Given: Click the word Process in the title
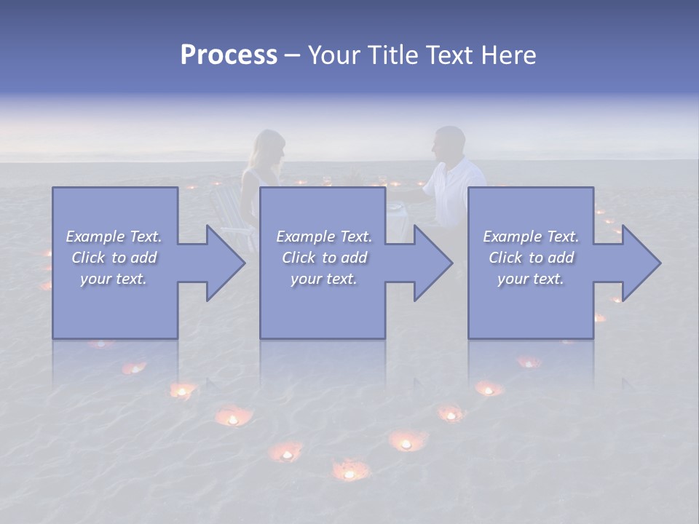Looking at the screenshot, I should point(229,55).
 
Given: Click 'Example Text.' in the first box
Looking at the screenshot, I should point(114,237).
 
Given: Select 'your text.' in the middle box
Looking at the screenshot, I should point(323,279).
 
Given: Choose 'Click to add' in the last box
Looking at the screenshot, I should point(531,258).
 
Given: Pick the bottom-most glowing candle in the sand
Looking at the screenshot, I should point(349,472).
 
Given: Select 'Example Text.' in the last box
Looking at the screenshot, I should point(531,237).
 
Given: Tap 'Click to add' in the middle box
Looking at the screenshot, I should point(324,258).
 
